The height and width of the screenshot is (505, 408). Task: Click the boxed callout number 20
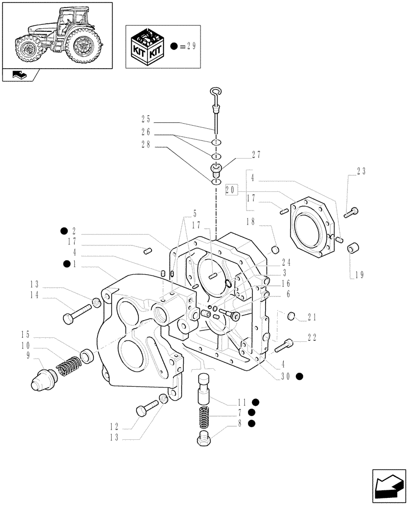232,189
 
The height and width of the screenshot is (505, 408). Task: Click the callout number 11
242,402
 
